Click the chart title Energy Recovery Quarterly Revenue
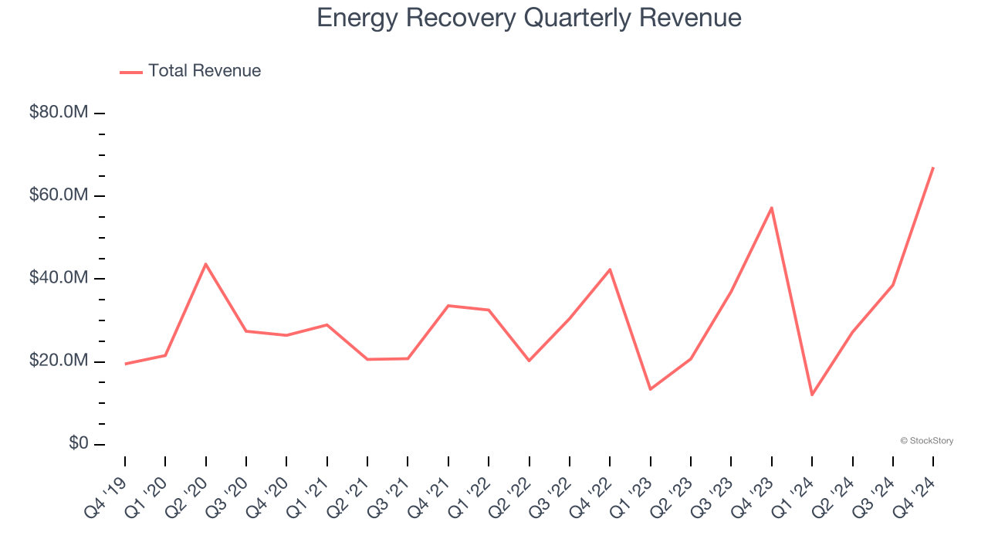529,18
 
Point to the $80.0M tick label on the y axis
58,113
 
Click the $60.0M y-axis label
58,195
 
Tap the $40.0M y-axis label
58,278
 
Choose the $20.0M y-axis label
58,361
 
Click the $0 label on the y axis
78,443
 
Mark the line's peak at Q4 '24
933,168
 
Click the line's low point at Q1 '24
812,395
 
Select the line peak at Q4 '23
772,208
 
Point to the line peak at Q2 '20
205,264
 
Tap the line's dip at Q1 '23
650,388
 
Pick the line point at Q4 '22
610,270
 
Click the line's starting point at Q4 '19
125,364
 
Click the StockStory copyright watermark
926,441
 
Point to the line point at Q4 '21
448,306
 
